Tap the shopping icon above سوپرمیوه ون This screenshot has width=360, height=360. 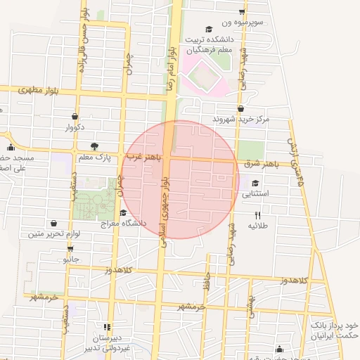[243, 11]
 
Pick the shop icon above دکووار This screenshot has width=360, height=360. [75, 117]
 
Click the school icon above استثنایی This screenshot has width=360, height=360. [254, 183]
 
